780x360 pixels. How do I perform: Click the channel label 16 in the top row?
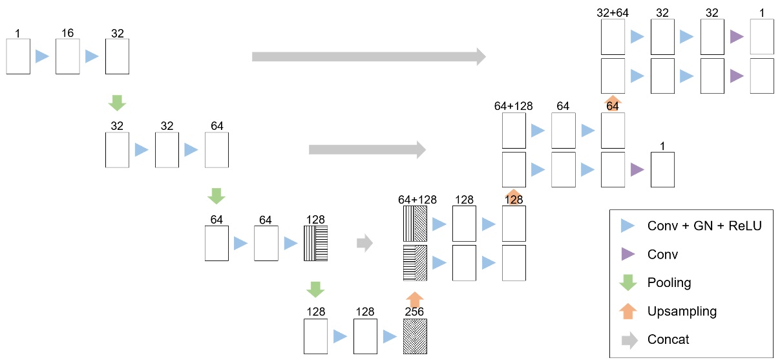pos(67,32)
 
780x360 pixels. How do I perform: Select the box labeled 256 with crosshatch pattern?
pos(414,335)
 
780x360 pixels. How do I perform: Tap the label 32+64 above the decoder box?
pos(613,12)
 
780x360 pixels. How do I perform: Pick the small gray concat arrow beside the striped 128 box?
pos(364,243)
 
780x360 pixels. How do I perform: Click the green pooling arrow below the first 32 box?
pos(117,102)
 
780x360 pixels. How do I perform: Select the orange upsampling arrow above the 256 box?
pos(414,299)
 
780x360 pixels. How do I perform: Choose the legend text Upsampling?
pos(682,312)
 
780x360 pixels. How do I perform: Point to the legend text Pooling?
pos(669,283)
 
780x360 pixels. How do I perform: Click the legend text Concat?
pos(668,340)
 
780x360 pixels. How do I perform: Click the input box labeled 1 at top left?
pos(18,56)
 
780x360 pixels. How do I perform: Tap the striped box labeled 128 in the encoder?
pos(315,243)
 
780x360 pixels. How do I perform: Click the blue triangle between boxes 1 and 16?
pos(42,56)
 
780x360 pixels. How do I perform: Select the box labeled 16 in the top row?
pos(67,56)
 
